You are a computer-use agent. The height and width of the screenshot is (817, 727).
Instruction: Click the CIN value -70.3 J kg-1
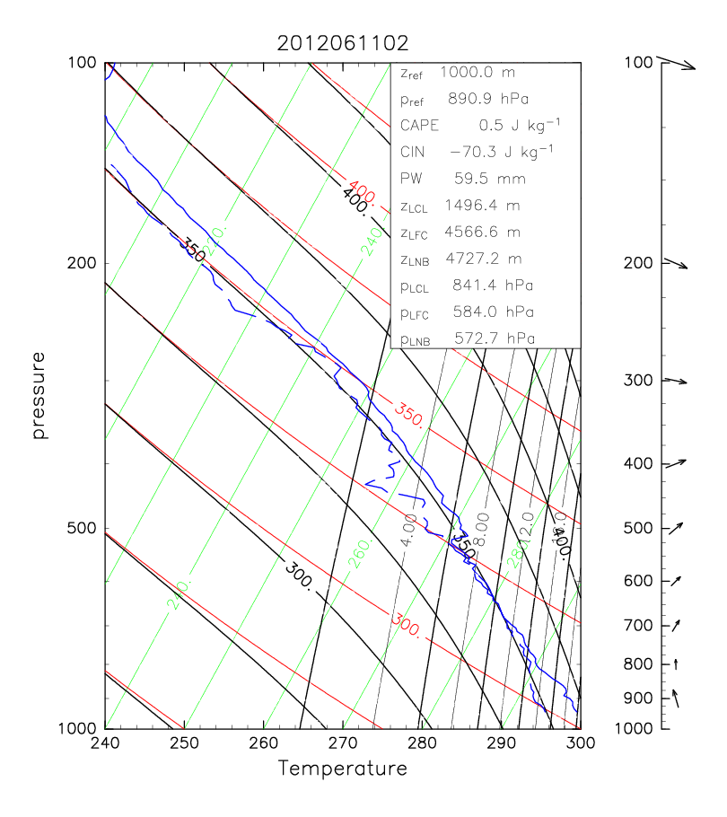pos(501,152)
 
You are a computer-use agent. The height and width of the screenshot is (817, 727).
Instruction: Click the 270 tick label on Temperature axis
pos(343,742)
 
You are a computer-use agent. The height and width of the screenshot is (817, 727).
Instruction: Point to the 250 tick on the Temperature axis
pos(184,742)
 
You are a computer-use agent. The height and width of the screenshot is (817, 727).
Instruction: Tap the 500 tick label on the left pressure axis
pos(83,528)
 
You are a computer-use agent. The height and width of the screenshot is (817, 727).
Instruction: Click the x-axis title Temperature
pos(343,769)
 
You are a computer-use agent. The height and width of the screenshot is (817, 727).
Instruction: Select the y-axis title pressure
pos(39,395)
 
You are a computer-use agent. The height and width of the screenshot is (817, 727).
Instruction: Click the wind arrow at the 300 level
pos(675,382)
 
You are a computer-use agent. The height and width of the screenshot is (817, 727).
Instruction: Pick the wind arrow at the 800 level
pos(675,663)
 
